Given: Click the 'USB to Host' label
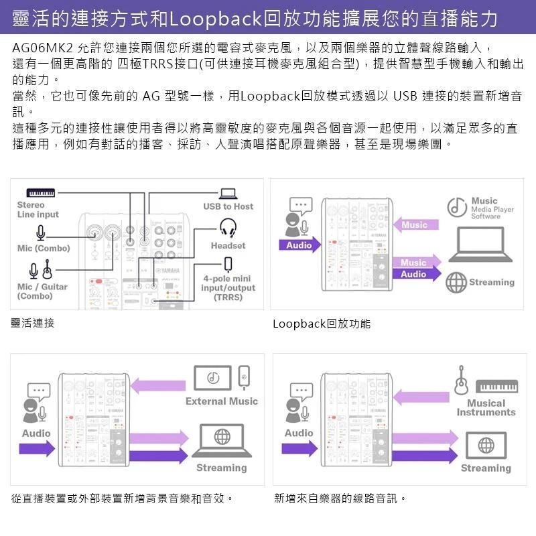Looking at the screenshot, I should (228, 206).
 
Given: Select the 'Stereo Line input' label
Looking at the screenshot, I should (38, 210).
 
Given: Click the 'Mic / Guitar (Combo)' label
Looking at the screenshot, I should (42, 291).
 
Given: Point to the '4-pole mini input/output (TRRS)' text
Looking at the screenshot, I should (227, 288).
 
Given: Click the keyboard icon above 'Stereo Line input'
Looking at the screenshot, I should (46, 193).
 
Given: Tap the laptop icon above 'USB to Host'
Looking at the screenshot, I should (228, 194).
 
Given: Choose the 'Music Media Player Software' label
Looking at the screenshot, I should (492, 208).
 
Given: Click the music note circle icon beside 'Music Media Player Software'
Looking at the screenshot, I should (456, 207).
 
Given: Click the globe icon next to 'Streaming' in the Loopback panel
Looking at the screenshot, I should (456, 282).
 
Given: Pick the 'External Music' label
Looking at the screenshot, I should (221, 401).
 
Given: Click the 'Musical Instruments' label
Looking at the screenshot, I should (486, 407).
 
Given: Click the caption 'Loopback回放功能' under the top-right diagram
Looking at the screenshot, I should (321, 324).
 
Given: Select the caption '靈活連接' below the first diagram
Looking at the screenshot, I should (33, 323).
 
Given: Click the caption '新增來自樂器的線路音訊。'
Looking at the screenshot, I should (340, 498).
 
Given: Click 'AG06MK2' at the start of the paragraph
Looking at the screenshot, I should (43, 49).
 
